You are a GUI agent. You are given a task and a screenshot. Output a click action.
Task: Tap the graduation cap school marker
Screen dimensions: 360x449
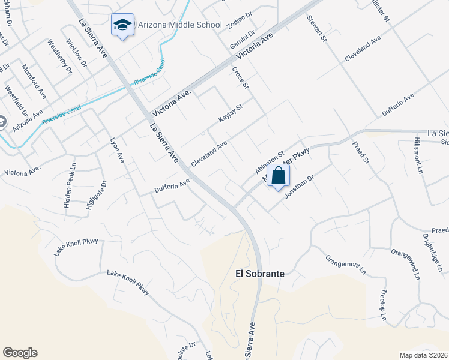coord(122,25)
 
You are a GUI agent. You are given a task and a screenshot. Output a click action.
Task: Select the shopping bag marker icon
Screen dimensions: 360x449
coord(278,176)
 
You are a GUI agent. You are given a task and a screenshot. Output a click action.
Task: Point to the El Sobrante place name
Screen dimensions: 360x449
coord(259,273)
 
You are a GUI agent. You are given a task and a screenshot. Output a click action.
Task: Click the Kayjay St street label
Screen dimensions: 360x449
coord(231,113)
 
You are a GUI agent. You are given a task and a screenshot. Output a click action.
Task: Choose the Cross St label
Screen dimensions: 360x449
coord(240,79)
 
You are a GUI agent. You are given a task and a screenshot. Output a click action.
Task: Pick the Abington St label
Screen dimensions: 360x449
coord(268,162)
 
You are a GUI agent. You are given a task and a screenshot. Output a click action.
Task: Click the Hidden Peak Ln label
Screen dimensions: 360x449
coord(70,185)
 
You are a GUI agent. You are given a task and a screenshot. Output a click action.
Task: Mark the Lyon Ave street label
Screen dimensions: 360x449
coord(117,151)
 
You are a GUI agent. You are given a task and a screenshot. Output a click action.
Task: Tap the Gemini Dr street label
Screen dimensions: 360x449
coord(242,41)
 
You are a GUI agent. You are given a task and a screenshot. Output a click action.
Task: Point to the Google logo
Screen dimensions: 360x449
coord(20,353)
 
